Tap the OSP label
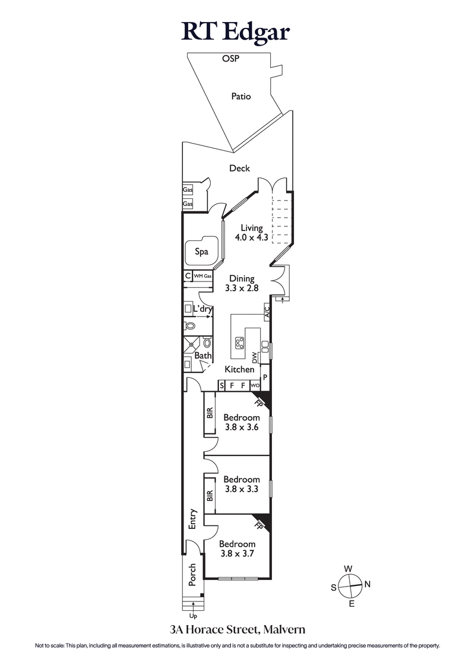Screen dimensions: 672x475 coord(230,59)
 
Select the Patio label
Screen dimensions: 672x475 coord(241,96)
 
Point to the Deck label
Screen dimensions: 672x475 coord(239,169)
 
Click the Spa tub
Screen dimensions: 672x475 coord(202,252)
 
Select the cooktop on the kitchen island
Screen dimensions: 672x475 coord(240,343)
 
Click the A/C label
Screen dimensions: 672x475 coord(267,312)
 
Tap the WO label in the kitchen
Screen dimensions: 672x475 coord(255,386)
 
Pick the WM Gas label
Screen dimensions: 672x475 coord(202,275)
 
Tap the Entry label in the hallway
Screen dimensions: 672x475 coord(192,519)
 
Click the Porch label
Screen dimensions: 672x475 coord(192,575)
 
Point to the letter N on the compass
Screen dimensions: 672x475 coord(367,584)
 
